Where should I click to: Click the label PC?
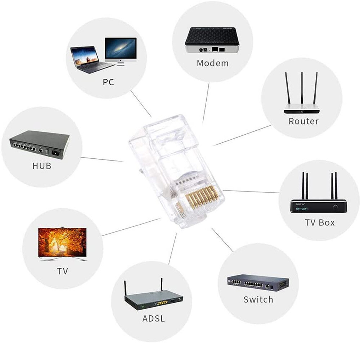coord(108,82)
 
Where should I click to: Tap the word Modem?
coord(212,63)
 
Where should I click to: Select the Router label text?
coord(303,121)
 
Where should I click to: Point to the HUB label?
coord(42,166)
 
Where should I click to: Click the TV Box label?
coord(320,222)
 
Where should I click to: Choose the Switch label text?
coord(258,300)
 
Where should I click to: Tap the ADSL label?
coord(153,319)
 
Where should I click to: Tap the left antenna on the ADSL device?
coord(126,290)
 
